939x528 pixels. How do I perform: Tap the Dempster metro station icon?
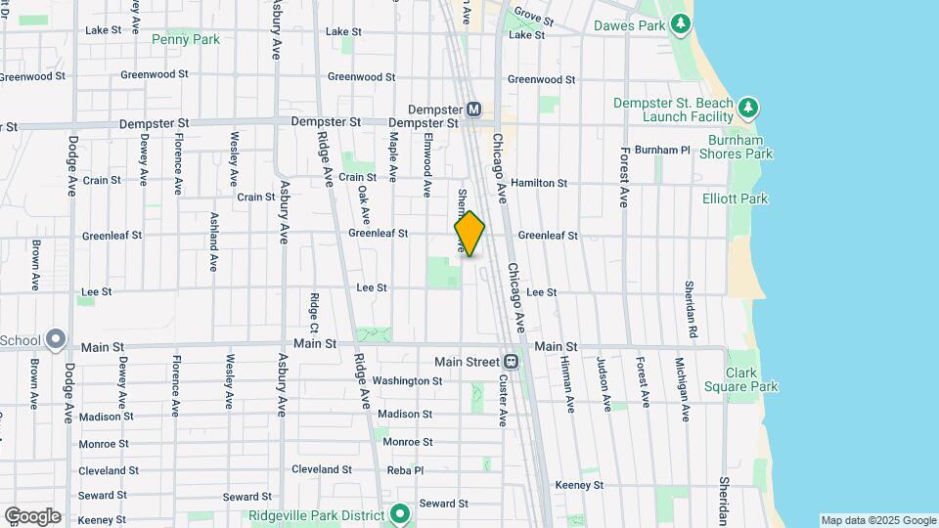point(473,109)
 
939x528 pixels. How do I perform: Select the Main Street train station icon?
point(511,362)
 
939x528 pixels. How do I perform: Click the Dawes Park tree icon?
point(681,24)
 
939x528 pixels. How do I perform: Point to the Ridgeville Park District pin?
point(399,512)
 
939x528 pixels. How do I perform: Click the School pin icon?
point(56,340)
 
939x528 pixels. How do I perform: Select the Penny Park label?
point(186,39)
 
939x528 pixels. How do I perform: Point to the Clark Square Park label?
point(751,379)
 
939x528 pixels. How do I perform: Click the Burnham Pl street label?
point(662,150)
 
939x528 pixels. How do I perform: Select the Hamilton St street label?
point(539,183)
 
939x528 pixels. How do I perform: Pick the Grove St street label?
point(534,17)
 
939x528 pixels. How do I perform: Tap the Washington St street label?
point(408,380)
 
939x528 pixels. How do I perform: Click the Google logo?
point(32,515)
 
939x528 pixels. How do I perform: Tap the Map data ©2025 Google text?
point(877,520)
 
